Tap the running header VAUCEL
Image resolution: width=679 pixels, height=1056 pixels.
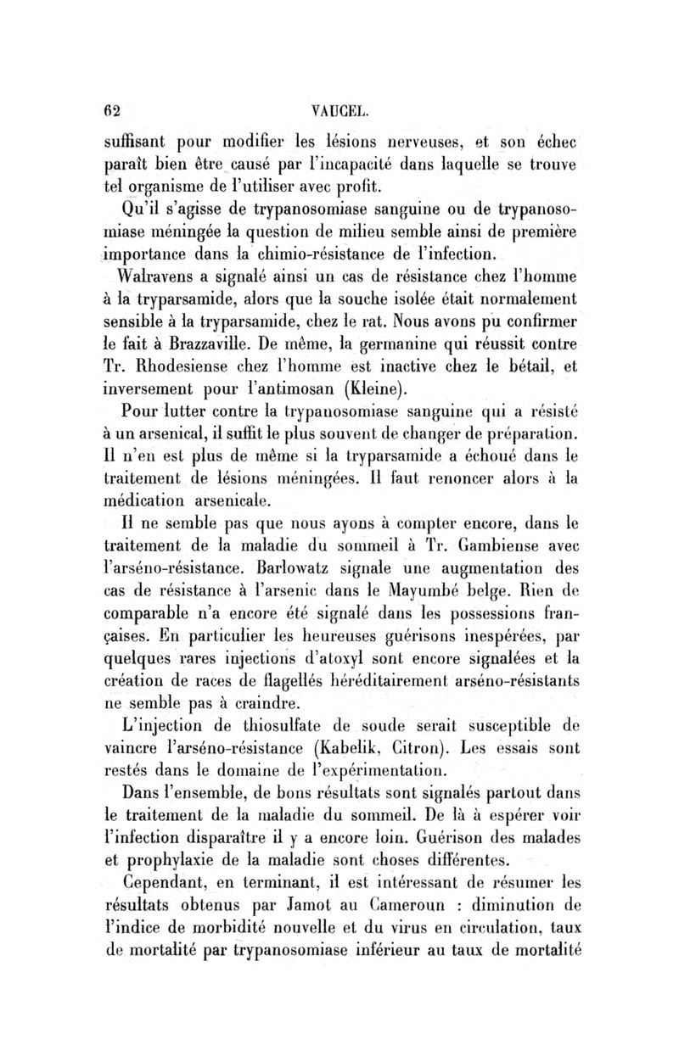(340, 109)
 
